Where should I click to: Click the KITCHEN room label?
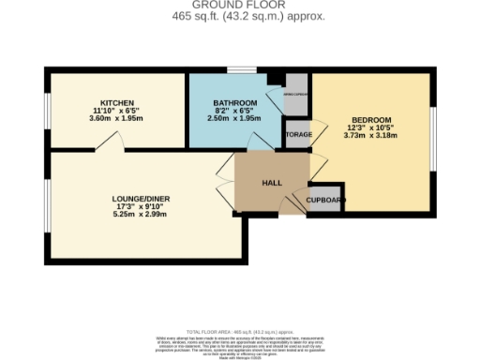point(118,102)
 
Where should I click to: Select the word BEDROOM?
point(371,120)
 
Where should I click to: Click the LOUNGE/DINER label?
point(139,199)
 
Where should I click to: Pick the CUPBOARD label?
point(325,200)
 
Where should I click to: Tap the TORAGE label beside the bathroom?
point(297,135)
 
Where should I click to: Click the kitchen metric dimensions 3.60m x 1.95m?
point(118,118)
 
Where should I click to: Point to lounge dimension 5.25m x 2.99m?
point(139,215)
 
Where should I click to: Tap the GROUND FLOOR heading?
point(239,6)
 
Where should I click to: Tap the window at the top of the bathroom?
point(242,70)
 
